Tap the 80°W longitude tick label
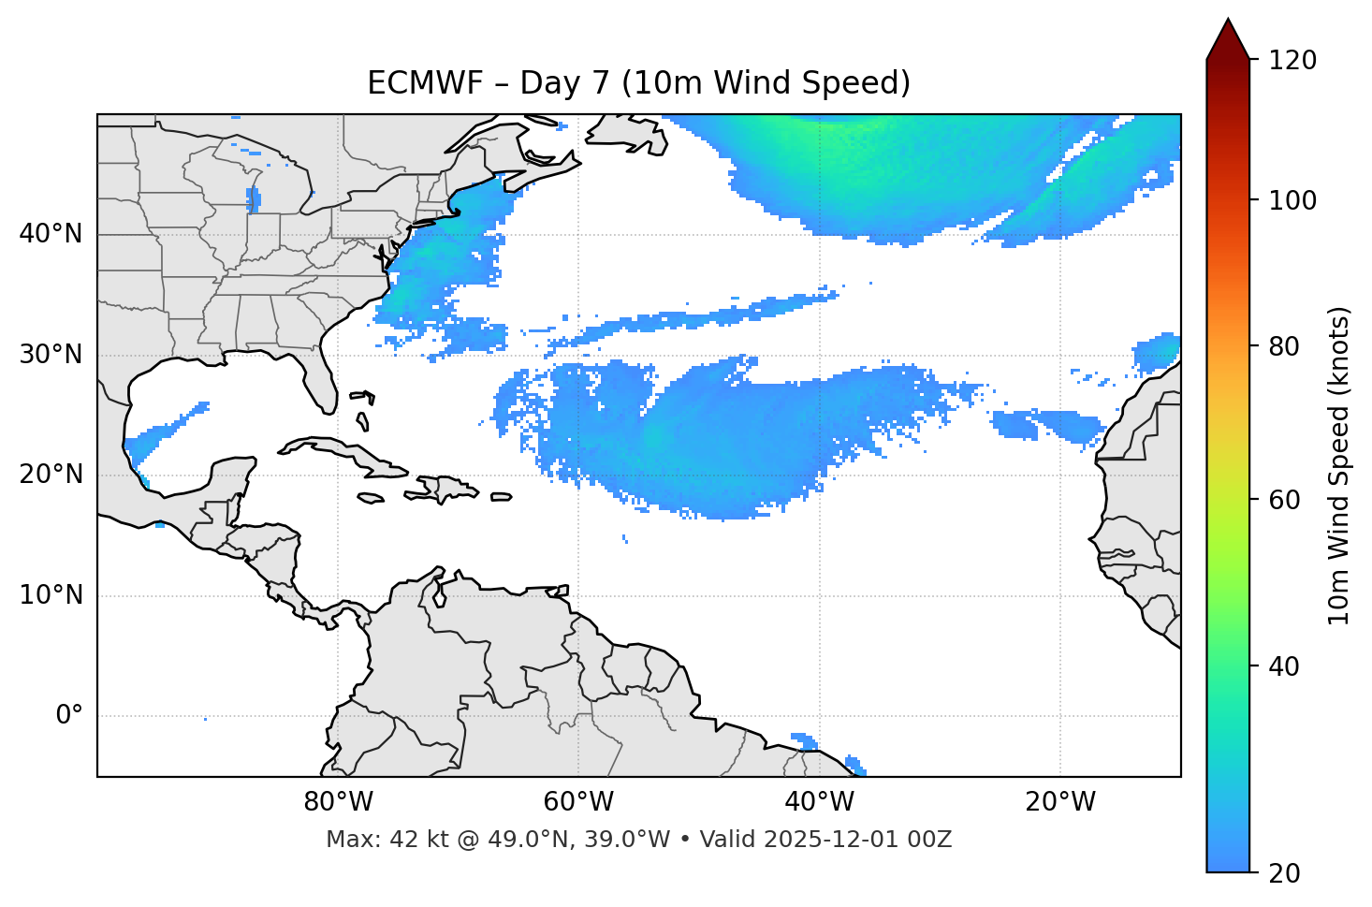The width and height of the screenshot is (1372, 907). (x=338, y=802)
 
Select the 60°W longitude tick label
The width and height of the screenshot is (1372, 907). (x=578, y=802)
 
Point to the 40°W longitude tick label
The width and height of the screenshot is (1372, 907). (x=819, y=802)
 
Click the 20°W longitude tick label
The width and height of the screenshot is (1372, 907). (x=1060, y=802)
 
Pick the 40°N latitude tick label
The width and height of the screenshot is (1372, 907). (x=51, y=234)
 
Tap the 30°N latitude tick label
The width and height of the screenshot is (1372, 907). (x=51, y=355)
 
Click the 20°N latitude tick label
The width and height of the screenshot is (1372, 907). (x=51, y=475)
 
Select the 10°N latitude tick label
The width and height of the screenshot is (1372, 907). (x=51, y=595)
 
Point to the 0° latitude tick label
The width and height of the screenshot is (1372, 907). (x=69, y=716)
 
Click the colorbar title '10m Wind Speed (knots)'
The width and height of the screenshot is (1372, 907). (x=1339, y=466)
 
